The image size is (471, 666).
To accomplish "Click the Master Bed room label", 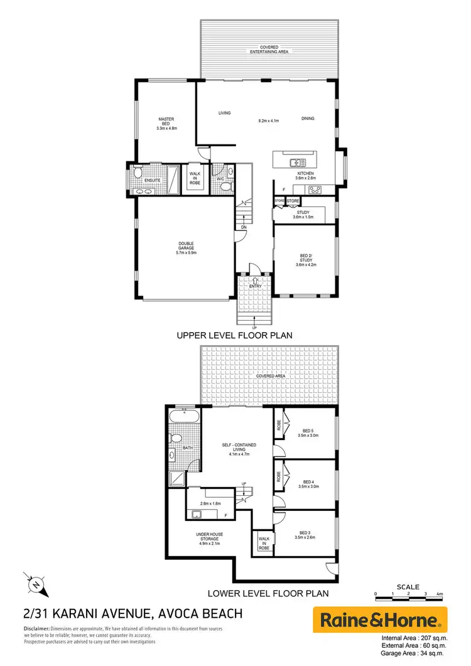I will click(166, 123).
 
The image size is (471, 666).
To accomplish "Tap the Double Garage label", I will click(186, 248).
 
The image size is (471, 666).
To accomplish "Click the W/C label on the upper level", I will click(220, 180).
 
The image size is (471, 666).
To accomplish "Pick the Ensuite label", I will click(153, 180).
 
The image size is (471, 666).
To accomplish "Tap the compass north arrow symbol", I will click(36, 585).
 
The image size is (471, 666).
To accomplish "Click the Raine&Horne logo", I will click(380, 620).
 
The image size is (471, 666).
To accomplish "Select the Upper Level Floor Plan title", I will click(235, 336).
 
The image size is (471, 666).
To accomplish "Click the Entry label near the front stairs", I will click(254, 287).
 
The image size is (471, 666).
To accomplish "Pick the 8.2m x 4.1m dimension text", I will click(268, 120).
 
